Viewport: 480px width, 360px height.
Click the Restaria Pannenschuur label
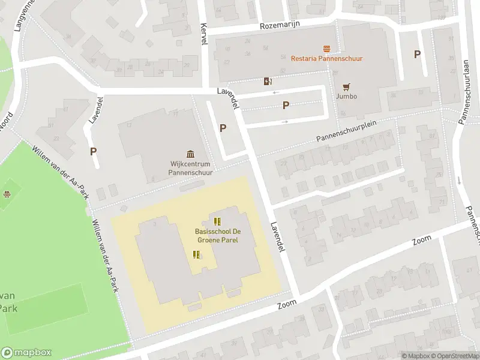click(x=326, y=58)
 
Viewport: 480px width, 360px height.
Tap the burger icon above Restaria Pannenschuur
click(x=326, y=48)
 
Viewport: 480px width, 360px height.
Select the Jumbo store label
click(x=346, y=96)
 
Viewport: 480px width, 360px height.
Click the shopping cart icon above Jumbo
click(x=346, y=86)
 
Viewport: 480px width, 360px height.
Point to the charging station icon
click(x=268, y=81)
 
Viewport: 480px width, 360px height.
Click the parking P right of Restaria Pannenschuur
click(x=417, y=54)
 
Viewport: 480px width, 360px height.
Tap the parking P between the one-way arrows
click(x=286, y=106)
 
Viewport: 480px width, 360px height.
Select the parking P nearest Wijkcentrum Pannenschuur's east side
click(x=223, y=128)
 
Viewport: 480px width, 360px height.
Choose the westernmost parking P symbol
click(x=94, y=152)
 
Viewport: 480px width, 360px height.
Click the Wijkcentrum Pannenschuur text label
click(x=190, y=167)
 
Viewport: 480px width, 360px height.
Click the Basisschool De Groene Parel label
click(x=217, y=235)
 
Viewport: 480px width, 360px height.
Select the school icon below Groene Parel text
click(x=196, y=255)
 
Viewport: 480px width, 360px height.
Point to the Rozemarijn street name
click(x=280, y=25)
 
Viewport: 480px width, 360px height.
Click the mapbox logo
click(x=26, y=353)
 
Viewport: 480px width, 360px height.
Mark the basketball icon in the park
click(x=7, y=194)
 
